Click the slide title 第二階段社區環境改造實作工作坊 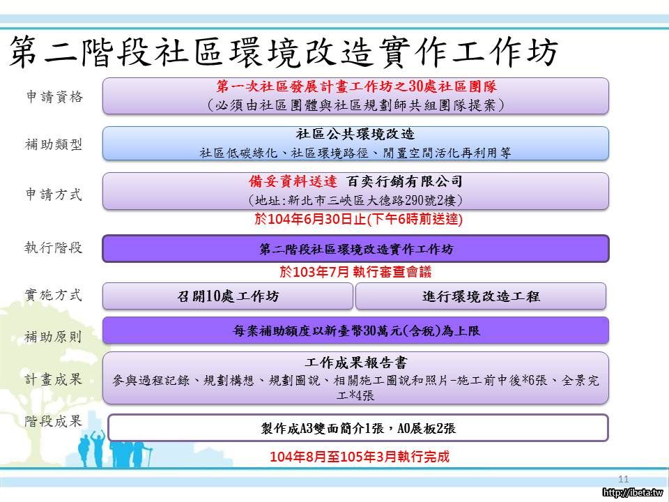[x=284, y=52]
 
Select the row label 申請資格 [x=54, y=97]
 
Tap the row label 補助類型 [x=54, y=145]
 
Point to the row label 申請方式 [x=54, y=195]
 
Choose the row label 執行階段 [x=54, y=248]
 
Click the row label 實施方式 [x=54, y=295]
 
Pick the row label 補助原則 [x=54, y=337]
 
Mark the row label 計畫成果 [x=54, y=379]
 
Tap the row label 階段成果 [x=54, y=421]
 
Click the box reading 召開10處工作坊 [x=228, y=296]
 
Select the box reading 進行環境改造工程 [x=481, y=296]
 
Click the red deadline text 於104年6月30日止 [x=310, y=219]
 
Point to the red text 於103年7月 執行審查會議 [x=355, y=271]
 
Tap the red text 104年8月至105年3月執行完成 [x=360, y=457]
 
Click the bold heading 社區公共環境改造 [x=355, y=134]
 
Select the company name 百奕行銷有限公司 [x=404, y=181]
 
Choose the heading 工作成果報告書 [x=355, y=363]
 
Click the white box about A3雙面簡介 [x=358, y=427]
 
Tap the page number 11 [x=623, y=479]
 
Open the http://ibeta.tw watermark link [x=634, y=493]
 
